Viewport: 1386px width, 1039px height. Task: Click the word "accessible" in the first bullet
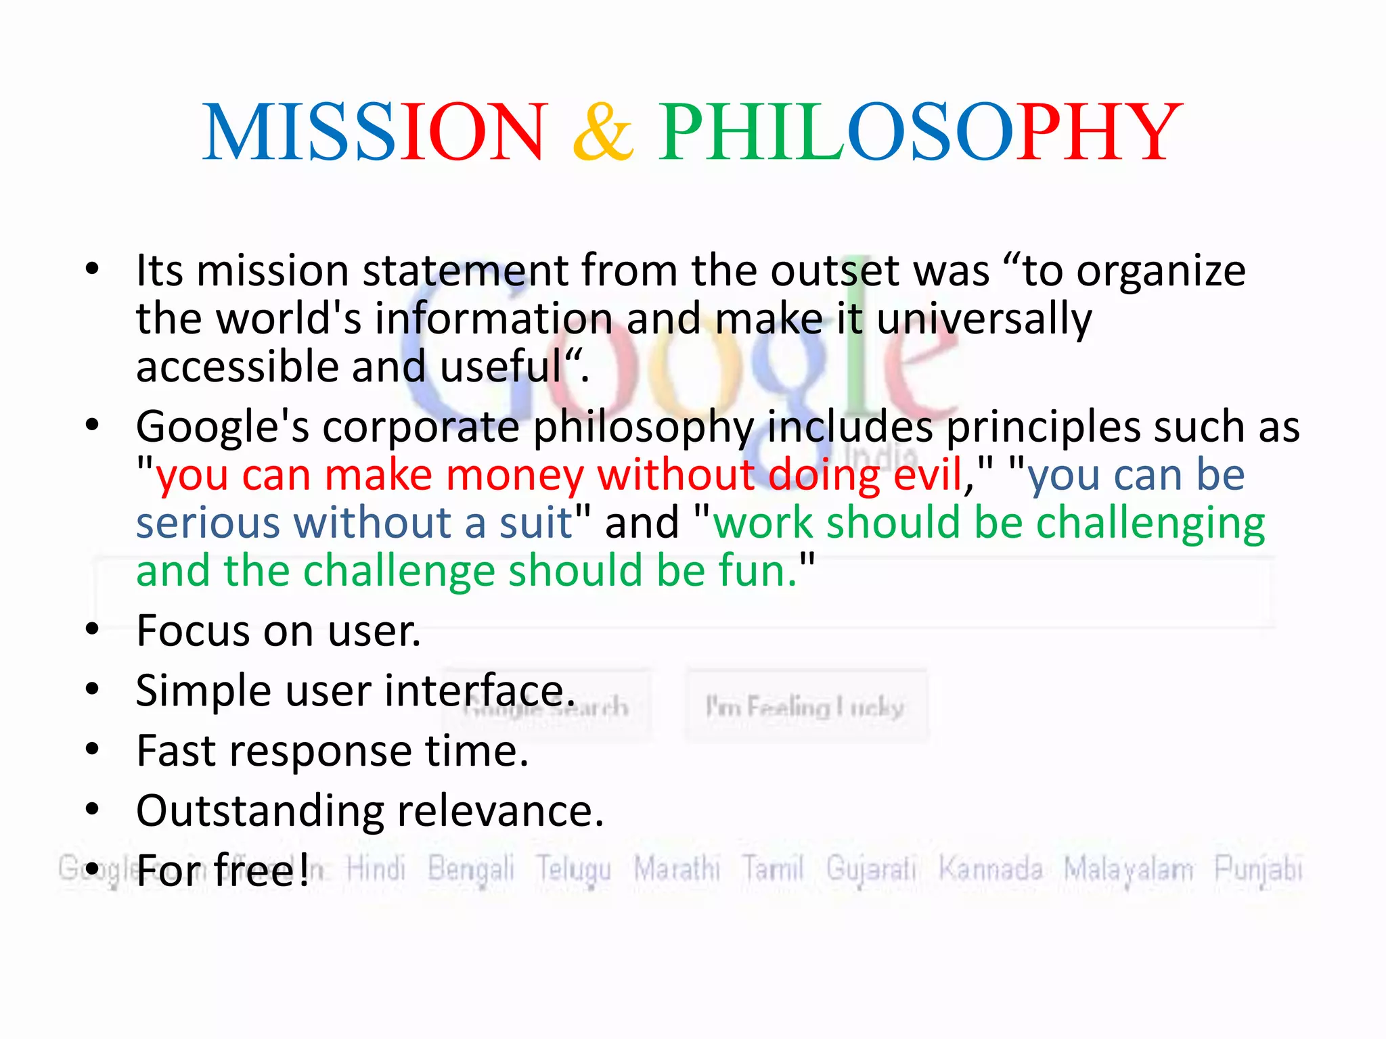tap(237, 367)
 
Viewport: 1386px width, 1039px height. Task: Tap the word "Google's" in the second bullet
tap(223, 428)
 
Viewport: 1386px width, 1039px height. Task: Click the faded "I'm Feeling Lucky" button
tap(805, 708)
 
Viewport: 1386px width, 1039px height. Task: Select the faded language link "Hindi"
tap(376, 869)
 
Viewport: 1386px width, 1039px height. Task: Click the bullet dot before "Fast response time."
tap(93, 749)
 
